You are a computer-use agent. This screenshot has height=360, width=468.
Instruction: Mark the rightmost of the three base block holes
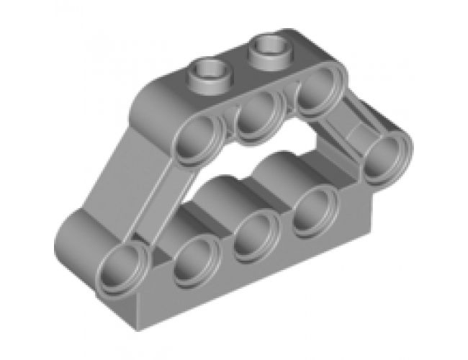pyautogui.click(x=313, y=210)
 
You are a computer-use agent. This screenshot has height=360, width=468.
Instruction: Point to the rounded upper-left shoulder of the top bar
pyautogui.click(x=155, y=101)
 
